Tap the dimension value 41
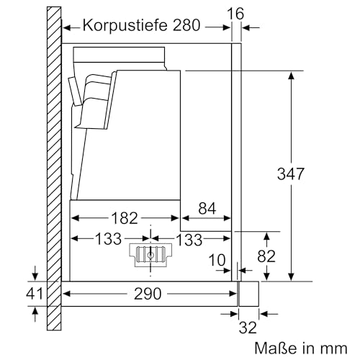[x=34, y=294]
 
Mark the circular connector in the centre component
[x=150, y=254]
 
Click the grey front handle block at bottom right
[x=249, y=294]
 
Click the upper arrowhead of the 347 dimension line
[x=292, y=74]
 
